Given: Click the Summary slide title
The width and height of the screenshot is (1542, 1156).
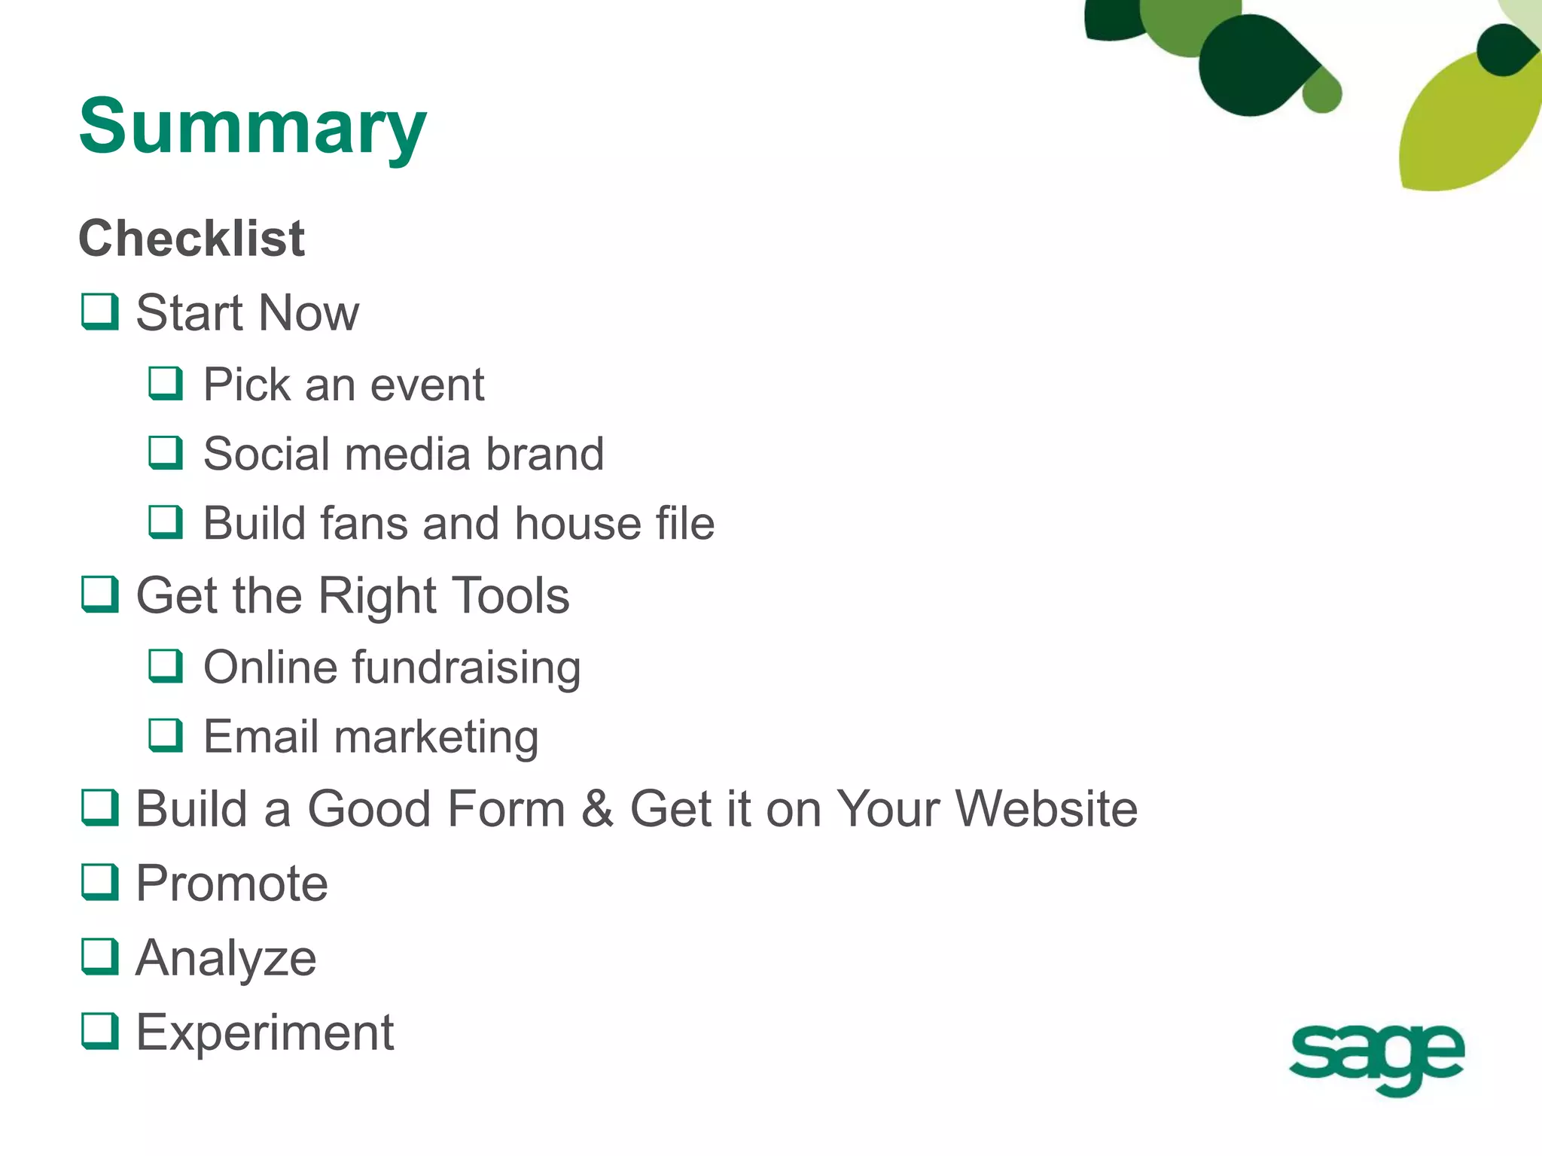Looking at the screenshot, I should point(252,126).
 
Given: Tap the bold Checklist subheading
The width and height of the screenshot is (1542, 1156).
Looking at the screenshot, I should point(191,239).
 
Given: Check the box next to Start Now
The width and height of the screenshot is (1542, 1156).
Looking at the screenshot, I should point(99,312).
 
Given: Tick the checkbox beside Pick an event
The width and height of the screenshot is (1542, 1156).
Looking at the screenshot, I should point(165,383).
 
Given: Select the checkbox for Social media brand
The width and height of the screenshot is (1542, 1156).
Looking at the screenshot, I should point(165,452).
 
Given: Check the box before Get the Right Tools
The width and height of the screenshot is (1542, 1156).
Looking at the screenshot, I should point(99,595).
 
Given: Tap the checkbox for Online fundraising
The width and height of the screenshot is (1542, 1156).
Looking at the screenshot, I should point(165,665).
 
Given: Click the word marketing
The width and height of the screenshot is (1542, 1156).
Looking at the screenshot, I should point(436,737).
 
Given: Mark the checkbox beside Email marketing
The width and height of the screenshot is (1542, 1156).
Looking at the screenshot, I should point(165,735).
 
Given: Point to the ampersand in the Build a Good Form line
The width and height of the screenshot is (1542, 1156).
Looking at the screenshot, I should point(597,809).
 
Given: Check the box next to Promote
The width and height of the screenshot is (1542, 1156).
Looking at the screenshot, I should point(99,882).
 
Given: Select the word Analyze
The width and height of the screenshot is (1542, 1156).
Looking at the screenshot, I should point(226,959).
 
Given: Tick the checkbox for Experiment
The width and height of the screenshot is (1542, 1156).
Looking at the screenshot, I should point(99,1031).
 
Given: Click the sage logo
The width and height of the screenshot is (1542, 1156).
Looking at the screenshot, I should point(1376,1057).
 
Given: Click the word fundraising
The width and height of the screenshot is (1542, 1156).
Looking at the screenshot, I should point(466,668).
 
